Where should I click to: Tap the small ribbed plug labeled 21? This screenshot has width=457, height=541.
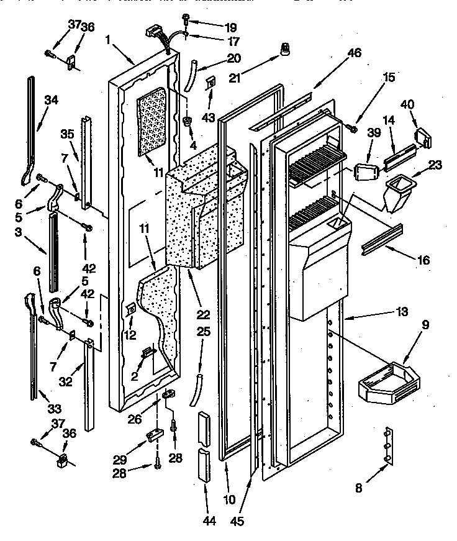[286, 49]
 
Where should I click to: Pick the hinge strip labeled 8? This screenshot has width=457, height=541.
[388, 445]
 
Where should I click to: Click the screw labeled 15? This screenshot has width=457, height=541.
[354, 127]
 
